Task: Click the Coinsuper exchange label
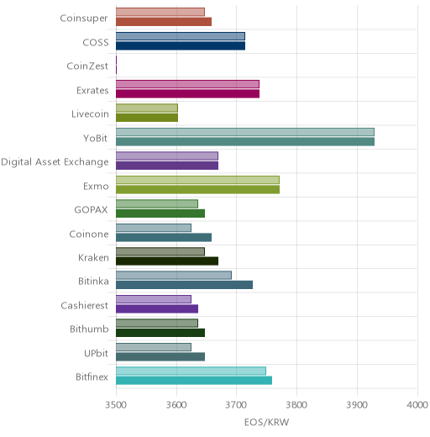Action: [x=84, y=18]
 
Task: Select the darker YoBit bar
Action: [x=245, y=142]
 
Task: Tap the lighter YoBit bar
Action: [x=245, y=132]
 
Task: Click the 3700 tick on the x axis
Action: [x=236, y=405]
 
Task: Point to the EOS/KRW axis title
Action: [x=266, y=422]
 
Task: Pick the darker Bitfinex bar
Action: [x=194, y=381]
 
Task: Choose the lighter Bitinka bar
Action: [x=174, y=275]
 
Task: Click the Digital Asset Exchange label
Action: [x=55, y=162]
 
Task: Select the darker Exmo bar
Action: [x=198, y=189]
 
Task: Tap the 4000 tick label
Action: [x=417, y=405]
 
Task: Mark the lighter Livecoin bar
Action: [x=147, y=108]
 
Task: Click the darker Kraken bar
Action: [x=167, y=261]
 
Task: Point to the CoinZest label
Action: [x=87, y=66]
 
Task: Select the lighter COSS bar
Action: [x=181, y=36]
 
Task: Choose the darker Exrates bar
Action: [x=188, y=94]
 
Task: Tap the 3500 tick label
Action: [x=116, y=405]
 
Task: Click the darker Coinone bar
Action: [x=164, y=238]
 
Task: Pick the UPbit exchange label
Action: [x=96, y=353]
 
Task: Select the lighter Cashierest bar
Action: [x=154, y=299]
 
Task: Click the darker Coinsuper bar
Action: [x=164, y=22]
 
